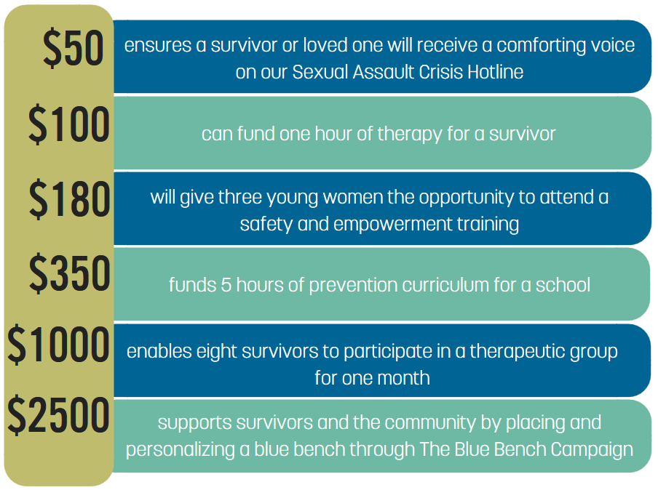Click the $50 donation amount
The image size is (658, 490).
(x=74, y=47)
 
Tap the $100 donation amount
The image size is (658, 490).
(x=69, y=124)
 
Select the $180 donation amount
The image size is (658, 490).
(x=69, y=198)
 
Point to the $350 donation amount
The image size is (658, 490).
(x=69, y=273)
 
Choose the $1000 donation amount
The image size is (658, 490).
(x=58, y=344)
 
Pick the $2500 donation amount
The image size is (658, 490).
(x=58, y=415)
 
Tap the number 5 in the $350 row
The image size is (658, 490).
(x=226, y=285)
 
